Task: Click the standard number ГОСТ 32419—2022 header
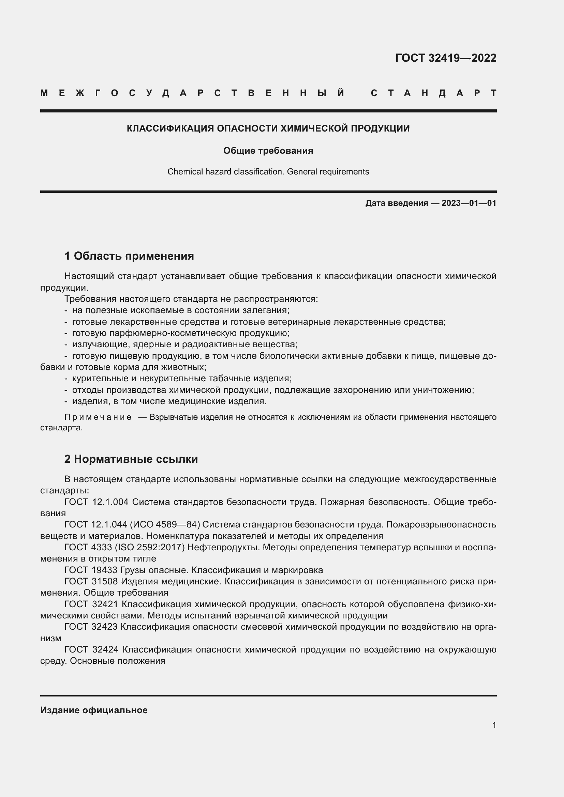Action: tap(446, 58)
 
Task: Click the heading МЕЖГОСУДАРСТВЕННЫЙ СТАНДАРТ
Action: tap(268, 93)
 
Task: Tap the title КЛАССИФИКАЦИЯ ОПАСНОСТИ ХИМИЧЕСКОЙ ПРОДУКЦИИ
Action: tap(268, 128)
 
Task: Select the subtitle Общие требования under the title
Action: tap(268, 151)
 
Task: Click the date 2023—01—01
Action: tap(469, 203)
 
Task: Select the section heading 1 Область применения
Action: tap(129, 256)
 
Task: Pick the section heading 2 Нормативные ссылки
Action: tap(131, 459)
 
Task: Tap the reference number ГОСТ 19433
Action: tap(91, 570)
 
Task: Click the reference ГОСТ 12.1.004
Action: tap(96, 502)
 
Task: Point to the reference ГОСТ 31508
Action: tap(91, 581)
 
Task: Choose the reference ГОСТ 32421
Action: tap(91, 604)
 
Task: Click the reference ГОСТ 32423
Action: tap(91, 627)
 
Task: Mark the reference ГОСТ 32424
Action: tap(91, 649)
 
